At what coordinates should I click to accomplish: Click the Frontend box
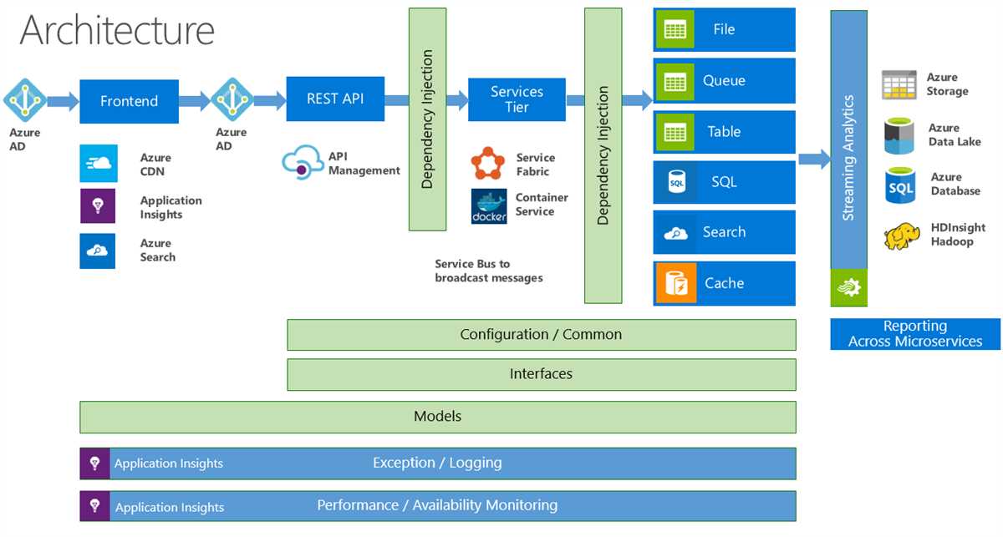click(129, 101)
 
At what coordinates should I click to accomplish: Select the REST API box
click(334, 99)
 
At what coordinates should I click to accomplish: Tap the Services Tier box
click(517, 99)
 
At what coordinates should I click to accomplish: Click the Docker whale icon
click(489, 206)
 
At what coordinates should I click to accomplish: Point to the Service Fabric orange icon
click(488, 164)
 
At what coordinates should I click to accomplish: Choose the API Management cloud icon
click(302, 162)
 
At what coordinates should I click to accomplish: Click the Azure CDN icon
click(97, 164)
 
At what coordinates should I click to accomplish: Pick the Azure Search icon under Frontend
click(97, 251)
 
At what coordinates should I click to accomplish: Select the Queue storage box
click(724, 81)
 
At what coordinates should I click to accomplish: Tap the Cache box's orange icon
click(675, 283)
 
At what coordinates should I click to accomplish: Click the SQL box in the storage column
click(724, 182)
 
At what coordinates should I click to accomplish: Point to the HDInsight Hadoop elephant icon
click(903, 236)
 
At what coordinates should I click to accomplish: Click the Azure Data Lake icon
click(900, 136)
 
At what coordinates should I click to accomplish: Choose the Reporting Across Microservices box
click(915, 334)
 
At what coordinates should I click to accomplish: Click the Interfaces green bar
click(541, 374)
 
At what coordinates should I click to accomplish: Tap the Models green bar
click(437, 416)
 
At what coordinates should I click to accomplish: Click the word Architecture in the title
click(117, 31)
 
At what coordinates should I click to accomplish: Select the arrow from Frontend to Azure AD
click(195, 102)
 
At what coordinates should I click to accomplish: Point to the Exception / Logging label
click(437, 463)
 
